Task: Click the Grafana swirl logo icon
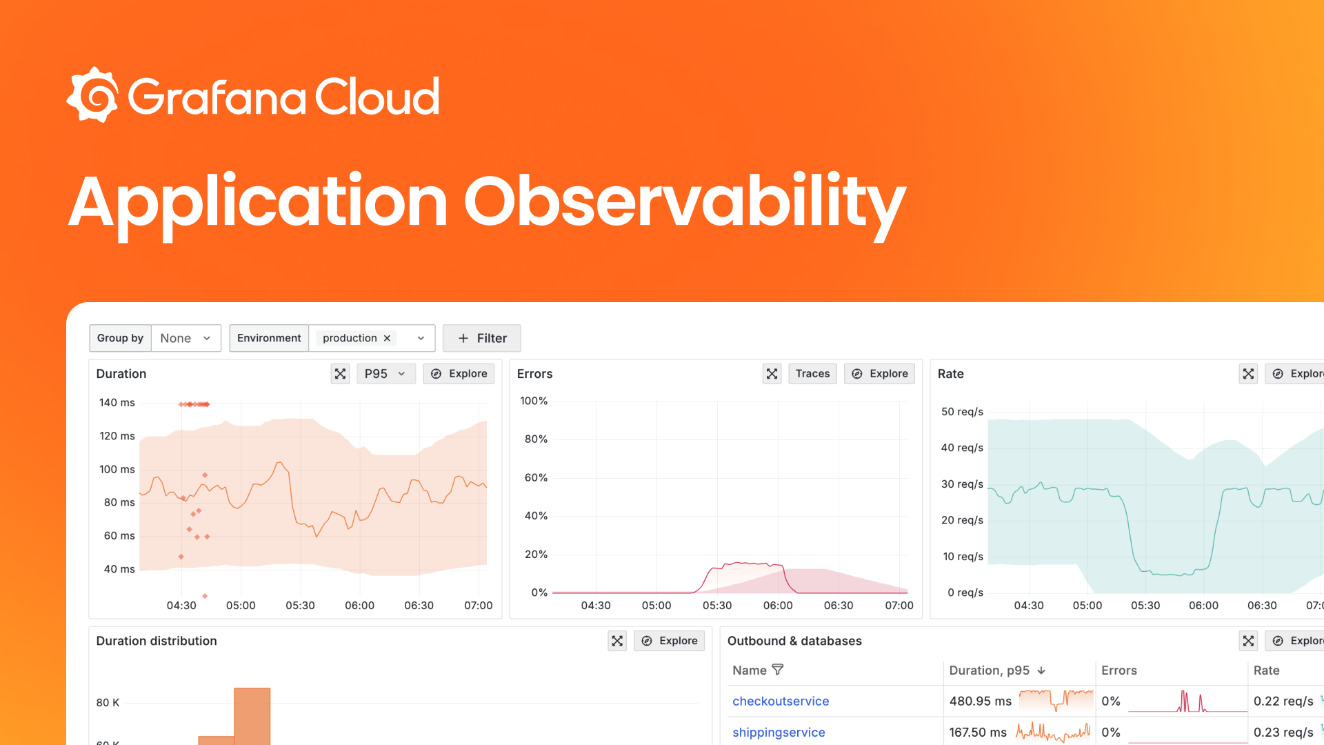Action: (92, 95)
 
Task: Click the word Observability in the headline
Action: (685, 203)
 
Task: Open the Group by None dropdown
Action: (185, 338)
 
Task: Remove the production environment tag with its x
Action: (387, 338)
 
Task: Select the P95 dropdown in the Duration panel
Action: (385, 374)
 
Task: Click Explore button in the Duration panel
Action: (459, 374)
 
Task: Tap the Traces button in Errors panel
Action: (812, 374)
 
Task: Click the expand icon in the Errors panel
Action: (772, 374)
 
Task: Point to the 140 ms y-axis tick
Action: (117, 403)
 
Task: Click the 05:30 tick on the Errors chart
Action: (717, 606)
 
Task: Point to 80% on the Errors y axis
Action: (536, 439)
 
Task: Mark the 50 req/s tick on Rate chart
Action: (962, 412)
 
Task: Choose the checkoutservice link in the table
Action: (781, 702)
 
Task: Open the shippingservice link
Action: (779, 733)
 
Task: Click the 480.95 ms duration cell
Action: (980, 702)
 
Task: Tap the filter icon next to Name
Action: (778, 670)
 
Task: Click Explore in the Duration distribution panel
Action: (669, 641)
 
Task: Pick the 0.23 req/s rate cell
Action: (1283, 733)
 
